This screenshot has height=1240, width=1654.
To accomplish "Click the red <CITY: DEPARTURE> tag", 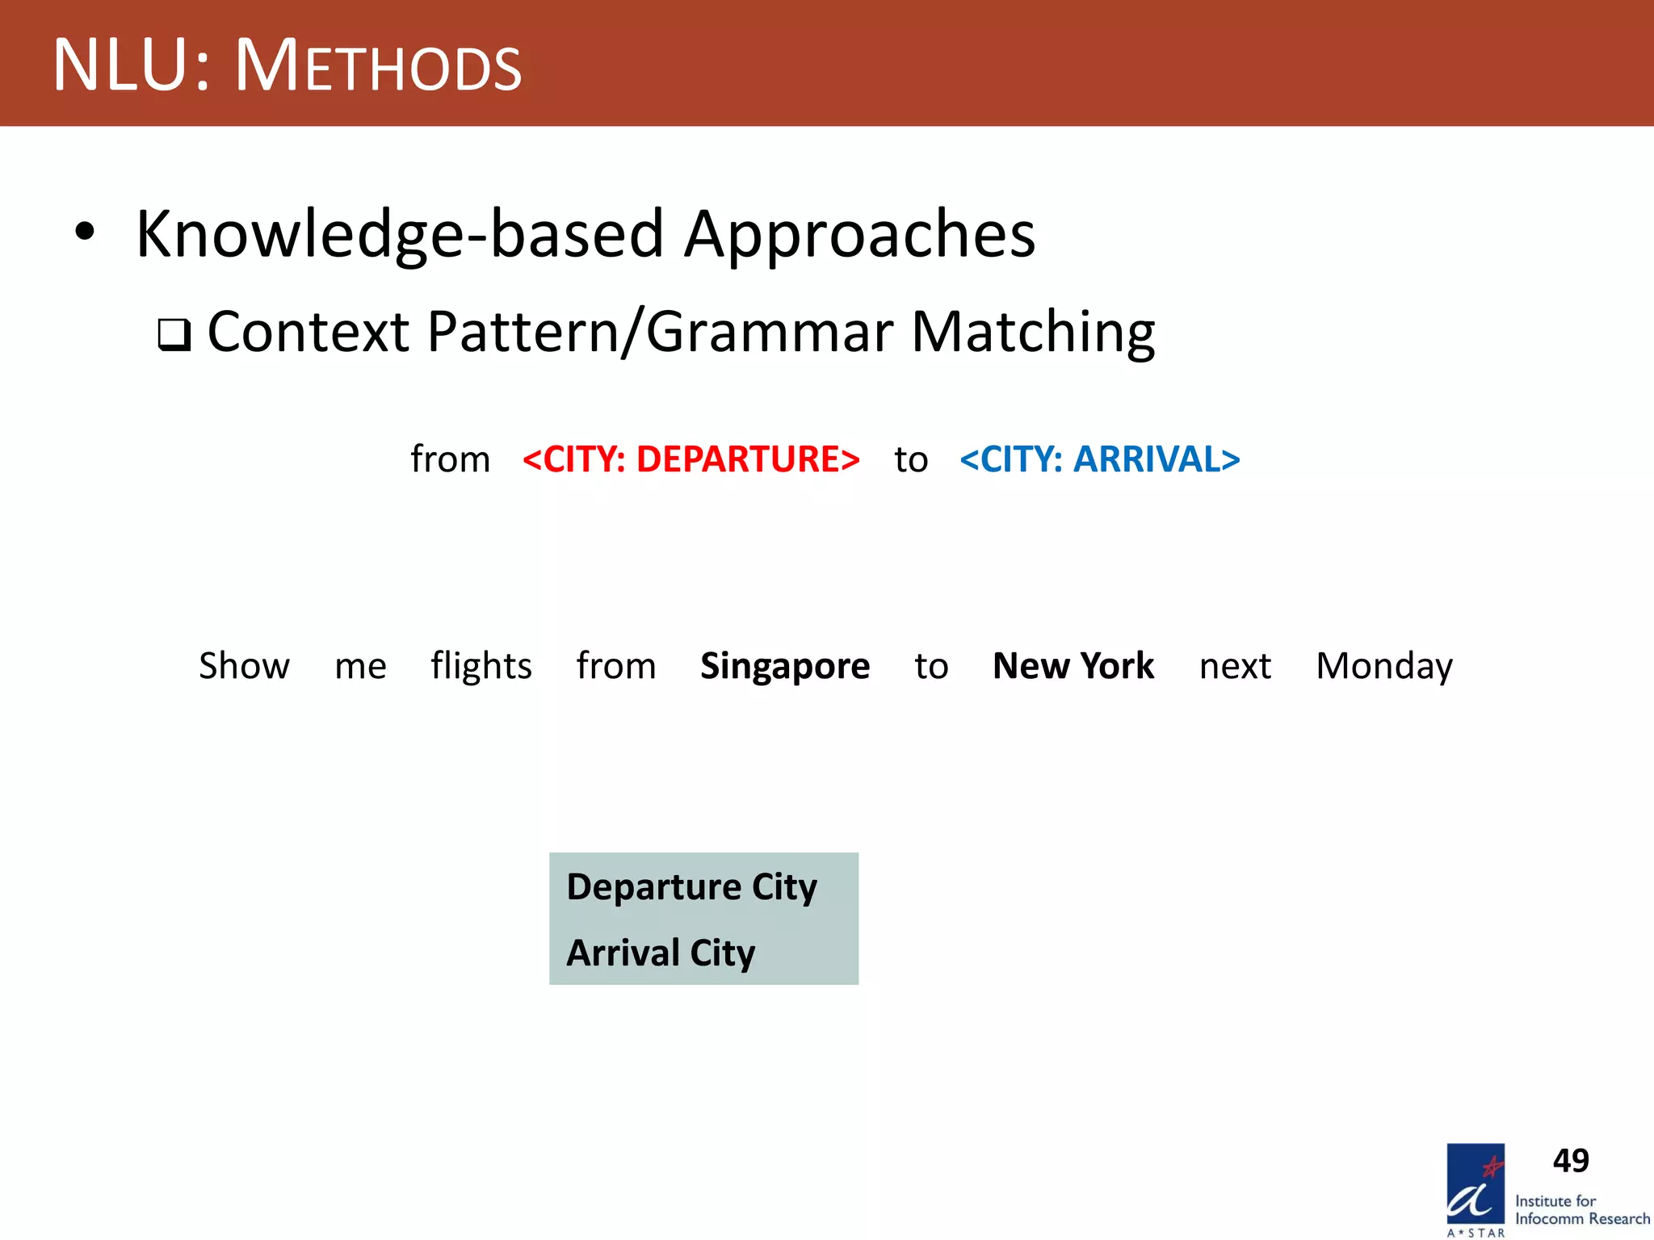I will tap(691, 459).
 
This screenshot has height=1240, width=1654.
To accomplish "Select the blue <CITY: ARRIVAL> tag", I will tap(1099, 459).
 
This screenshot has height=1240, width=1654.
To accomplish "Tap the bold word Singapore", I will tap(784, 666).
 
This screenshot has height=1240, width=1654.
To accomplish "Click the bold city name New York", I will tap(1073, 666).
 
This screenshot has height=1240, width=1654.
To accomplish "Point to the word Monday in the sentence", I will tap(1383, 667).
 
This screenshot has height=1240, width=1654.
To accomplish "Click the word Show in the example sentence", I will tap(244, 666).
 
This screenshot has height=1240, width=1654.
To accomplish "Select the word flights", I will tap(481, 666).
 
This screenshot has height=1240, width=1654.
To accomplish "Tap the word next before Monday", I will tap(1235, 667).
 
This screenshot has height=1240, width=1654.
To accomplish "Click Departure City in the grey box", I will tap(691, 886).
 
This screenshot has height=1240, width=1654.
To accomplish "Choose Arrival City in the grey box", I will tap(661, 953).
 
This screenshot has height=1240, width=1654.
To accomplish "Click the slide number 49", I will tap(1570, 1161).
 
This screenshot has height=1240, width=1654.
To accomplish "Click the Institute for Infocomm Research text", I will tap(1581, 1210).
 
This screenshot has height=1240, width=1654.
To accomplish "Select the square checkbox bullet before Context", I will tap(174, 334).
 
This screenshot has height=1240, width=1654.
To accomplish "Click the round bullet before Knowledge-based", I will tap(85, 232).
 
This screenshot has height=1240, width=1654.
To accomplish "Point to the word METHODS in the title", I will tap(378, 67).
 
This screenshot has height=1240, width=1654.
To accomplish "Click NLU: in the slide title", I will tap(132, 65).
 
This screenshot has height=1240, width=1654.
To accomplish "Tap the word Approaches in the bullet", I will tap(859, 234).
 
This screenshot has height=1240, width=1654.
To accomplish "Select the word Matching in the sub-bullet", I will tap(1033, 332).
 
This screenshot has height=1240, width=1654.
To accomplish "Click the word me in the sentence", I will tap(360, 667).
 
